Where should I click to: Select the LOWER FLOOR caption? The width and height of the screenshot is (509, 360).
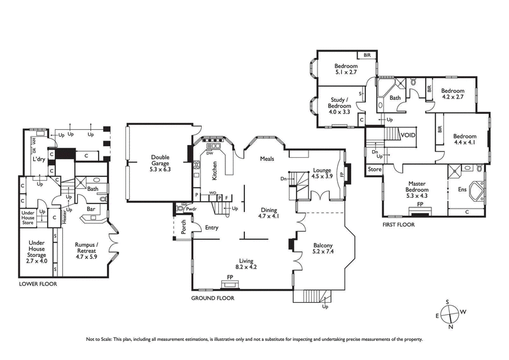tap(38, 284)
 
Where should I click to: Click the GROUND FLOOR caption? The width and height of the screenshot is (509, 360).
tap(213, 298)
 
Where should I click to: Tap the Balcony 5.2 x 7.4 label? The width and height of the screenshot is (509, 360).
tap(324, 249)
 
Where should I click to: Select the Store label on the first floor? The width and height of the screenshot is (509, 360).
tap(375, 169)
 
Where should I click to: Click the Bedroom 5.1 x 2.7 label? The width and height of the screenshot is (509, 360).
tap(347, 69)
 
